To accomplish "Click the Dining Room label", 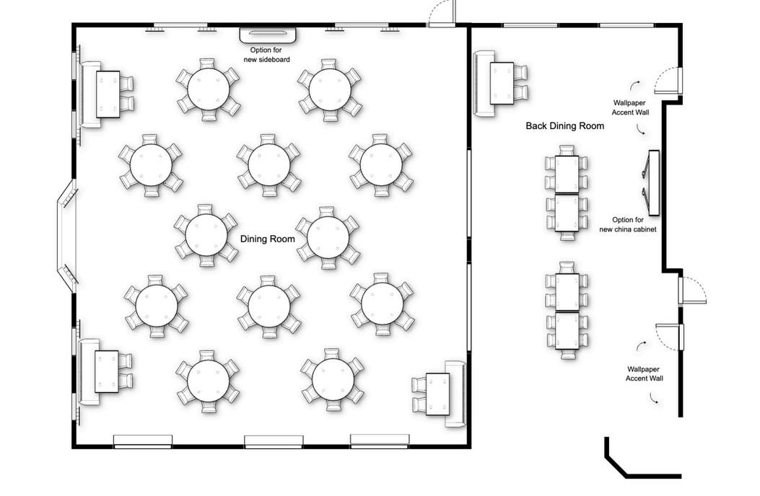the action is (x=268, y=239).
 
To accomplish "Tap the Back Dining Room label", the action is (x=565, y=126).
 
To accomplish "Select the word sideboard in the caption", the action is (x=274, y=60).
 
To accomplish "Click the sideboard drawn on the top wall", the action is (x=268, y=35).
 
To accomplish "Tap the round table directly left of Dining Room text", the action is (x=206, y=235).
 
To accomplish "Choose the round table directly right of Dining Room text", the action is (x=328, y=237).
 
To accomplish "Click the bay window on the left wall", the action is (x=66, y=236).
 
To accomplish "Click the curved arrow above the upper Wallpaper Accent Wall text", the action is (x=635, y=85).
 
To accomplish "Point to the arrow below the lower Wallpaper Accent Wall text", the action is (x=655, y=398).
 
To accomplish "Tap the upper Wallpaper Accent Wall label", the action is (x=630, y=107).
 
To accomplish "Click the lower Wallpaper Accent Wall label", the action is (x=644, y=373).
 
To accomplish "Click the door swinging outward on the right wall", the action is (x=693, y=291).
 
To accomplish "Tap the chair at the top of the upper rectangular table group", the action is (x=567, y=150).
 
